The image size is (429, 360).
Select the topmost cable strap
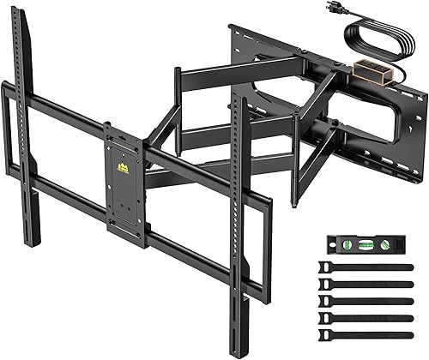coord(366,269)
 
